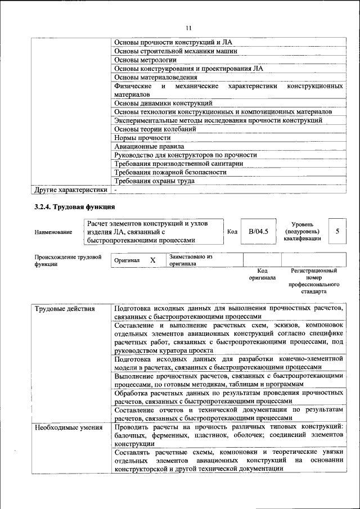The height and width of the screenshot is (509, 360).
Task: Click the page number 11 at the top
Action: click(188, 28)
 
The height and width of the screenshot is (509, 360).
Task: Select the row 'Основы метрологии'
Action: click(146, 60)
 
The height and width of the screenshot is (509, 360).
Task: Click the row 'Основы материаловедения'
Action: click(156, 77)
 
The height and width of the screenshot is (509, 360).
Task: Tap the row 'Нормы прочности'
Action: click(142, 137)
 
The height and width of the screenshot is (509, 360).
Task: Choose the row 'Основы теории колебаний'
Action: click(155, 129)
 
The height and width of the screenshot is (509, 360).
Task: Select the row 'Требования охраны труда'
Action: click(155, 181)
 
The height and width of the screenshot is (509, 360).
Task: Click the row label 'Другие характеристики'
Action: click(71, 190)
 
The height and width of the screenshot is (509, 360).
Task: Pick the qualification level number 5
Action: click(337, 231)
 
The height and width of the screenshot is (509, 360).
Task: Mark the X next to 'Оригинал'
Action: click(152, 260)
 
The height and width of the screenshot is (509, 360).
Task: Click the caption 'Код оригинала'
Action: click(262, 274)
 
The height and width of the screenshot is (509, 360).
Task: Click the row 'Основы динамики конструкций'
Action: click(163, 103)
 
